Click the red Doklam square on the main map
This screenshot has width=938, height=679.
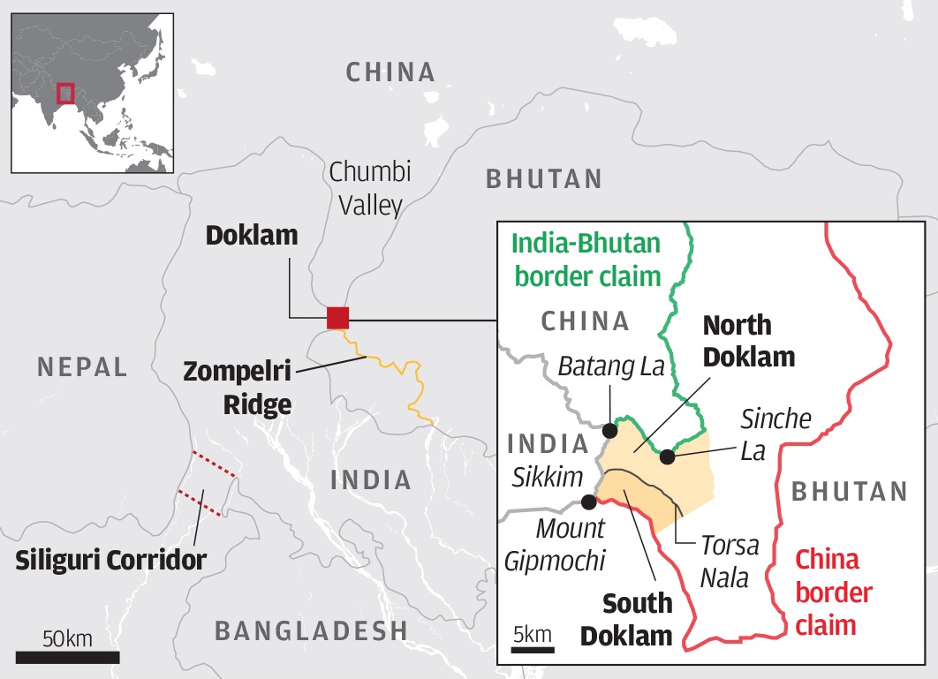337,318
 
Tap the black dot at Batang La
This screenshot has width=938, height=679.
609,431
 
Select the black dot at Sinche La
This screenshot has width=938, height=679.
668,457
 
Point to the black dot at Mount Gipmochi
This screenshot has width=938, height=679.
589,502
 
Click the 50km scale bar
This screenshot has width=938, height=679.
67,657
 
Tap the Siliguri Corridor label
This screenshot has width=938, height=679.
110,559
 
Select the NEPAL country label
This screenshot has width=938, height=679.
83,367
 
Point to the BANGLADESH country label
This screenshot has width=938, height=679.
311,630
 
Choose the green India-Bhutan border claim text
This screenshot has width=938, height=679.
586,260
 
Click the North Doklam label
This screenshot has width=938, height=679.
748,341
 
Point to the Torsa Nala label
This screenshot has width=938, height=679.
729,561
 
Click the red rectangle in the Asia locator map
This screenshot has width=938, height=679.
64,93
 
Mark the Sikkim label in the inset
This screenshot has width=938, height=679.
548,478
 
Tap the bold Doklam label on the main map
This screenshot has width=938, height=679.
252,237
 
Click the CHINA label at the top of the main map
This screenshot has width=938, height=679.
390,72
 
